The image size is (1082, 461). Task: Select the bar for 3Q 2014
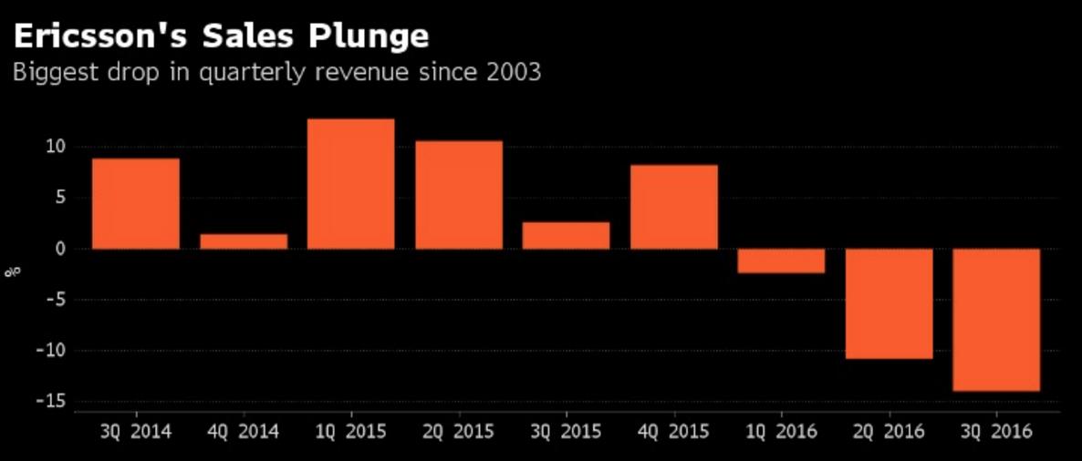click(x=136, y=204)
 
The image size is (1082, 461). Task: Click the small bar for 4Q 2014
click(x=244, y=241)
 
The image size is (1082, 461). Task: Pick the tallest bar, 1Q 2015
click(x=351, y=184)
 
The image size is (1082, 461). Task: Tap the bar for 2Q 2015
click(x=459, y=195)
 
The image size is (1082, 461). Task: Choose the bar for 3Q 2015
click(x=566, y=235)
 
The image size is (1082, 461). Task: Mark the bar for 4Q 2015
click(x=674, y=207)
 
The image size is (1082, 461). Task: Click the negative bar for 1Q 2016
click(x=782, y=261)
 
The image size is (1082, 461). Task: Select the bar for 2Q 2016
click(x=890, y=303)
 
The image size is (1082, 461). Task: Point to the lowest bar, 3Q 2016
click(x=996, y=320)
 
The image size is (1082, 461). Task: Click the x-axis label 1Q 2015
click(x=351, y=431)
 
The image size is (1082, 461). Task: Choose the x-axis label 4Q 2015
click(x=674, y=431)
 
